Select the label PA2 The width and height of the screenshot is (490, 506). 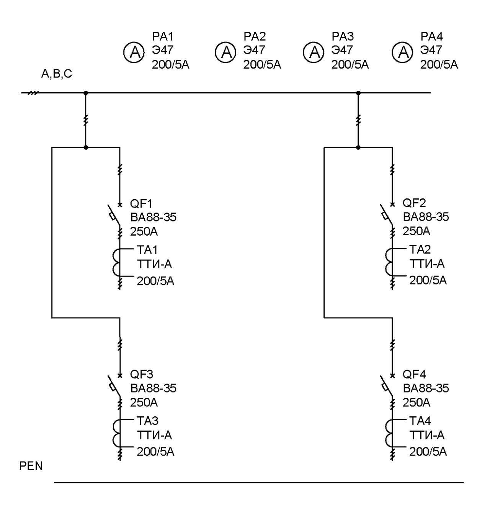click(x=255, y=37)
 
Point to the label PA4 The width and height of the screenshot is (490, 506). click(x=431, y=37)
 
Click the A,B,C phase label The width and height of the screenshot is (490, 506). click(x=57, y=74)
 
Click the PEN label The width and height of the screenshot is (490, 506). click(x=31, y=466)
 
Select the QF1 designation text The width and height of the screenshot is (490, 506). click(x=141, y=203)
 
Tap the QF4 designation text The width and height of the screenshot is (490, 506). click(x=414, y=374)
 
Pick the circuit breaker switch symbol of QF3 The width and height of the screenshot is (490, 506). click(x=114, y=386)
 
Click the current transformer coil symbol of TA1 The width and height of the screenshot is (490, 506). click(x=116, y=262)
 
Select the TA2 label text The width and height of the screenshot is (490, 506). click(x=420, y=249)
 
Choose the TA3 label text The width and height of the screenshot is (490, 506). click(x=147, y=421)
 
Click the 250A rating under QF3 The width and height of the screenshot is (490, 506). click(x=144, y=403)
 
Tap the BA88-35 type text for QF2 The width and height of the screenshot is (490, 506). click(x=426, y=217)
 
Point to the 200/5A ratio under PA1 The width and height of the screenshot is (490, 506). click(x=170, y=65)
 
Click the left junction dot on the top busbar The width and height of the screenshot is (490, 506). click(x=85, y=93)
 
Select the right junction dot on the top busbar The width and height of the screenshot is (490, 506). click(x=358, y=93)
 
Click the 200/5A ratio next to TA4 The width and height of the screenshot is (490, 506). click(x=428, y=452)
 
